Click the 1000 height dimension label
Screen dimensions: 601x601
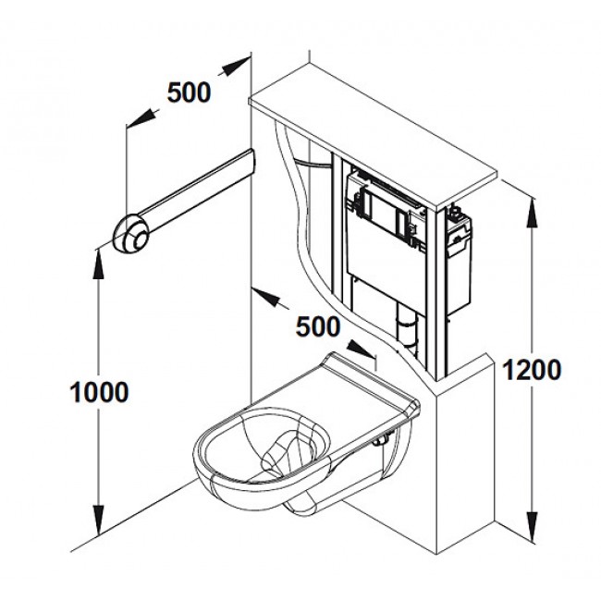point(99,391)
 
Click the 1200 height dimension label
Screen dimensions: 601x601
point(532,369)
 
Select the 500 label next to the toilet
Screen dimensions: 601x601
point(318,325)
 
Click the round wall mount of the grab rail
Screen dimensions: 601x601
point(129,231)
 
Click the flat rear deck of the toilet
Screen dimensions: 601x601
point(362,380)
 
